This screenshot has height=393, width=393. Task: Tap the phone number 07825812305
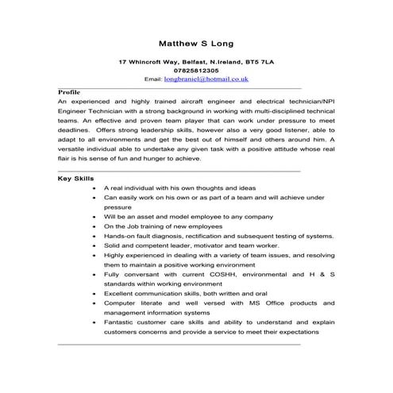[x=196, y=71]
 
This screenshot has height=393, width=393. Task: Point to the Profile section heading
[x=69, y=93]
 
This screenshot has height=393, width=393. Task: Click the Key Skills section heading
[x=76, y=179]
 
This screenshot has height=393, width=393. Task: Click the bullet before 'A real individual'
[x=96, y=187]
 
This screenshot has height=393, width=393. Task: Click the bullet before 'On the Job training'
[x=96, y=226]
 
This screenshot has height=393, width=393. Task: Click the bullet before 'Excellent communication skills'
[x=96, y=294]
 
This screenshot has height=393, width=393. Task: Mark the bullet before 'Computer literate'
[x=96, y=303]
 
